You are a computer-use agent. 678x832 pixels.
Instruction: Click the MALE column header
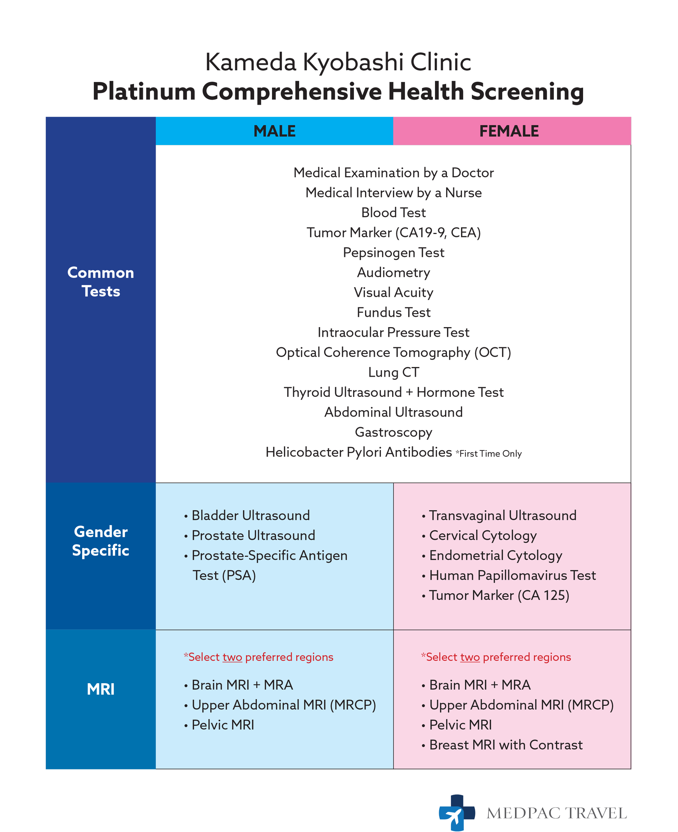click(x=274, y=131)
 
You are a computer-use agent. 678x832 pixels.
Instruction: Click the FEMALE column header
click(x=508, y=131)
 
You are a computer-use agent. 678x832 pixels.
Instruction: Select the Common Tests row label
click(x=101, y=282)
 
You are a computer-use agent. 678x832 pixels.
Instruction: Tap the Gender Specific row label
click(x=101, y=541)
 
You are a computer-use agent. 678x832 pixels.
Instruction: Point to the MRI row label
click(x=101, y=689)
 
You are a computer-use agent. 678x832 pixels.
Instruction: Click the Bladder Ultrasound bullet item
click(x=250, y=515)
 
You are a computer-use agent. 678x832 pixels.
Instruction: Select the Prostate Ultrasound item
click(x=253, y=535)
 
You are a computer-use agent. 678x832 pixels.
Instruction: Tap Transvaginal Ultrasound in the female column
click(x=502, y=515)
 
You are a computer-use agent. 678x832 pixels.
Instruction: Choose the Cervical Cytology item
click(x=483, y=535)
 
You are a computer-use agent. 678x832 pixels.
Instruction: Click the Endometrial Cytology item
click(x=495, y=555)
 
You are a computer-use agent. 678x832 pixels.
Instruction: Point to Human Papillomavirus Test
click(x=512, y=575)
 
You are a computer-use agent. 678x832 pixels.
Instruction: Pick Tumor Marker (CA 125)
click(x=499, y=595)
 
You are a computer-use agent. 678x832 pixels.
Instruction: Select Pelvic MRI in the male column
click(x=223, y=725)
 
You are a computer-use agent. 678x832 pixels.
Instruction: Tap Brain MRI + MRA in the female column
click(x=479, y=685)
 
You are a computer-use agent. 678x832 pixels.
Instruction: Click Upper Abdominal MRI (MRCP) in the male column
click(x=284, y=705)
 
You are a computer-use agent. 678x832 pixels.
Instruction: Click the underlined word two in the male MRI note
click(x=232, y=657)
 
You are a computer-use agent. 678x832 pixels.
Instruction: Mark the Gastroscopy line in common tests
click(x=393, y=432)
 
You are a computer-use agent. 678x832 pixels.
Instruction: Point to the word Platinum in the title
click(x=144, y=92)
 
